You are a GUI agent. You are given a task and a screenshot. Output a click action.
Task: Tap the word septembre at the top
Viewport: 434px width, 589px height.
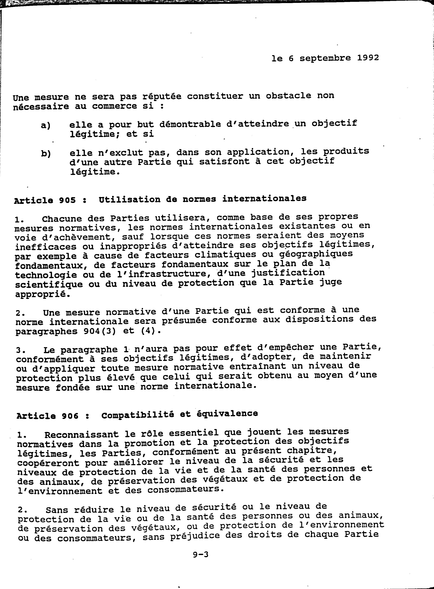pos(325,58)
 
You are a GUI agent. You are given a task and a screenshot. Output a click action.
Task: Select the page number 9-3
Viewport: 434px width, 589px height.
pos(200,554)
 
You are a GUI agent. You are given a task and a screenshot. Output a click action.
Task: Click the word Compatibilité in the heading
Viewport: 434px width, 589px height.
pos(138,415)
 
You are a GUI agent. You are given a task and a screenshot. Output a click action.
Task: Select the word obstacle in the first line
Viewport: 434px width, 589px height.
pos(288,96)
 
